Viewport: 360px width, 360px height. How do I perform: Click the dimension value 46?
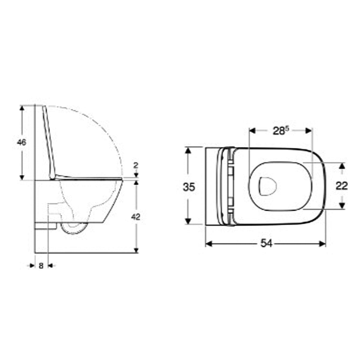21,142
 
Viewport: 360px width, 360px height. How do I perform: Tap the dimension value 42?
136,217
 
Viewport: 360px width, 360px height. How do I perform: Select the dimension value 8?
41,265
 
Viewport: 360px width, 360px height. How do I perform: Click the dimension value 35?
189,187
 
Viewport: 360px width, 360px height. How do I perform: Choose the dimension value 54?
266,244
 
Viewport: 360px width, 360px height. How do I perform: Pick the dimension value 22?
342,186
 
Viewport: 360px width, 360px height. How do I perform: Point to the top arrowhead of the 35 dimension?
188,150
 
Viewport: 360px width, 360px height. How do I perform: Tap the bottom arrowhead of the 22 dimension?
342,205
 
